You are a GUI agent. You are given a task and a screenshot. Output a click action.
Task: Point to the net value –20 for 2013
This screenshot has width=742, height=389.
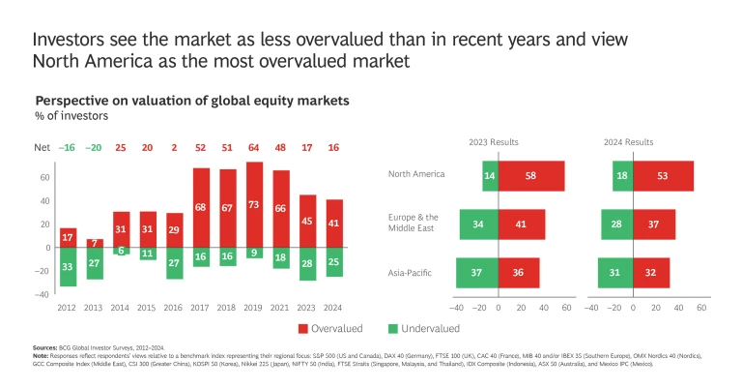(x=94, y=148)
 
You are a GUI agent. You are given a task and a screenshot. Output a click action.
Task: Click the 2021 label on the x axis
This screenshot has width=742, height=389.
(x=281, y=306)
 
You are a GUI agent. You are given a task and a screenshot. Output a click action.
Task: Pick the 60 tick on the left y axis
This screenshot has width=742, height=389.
(x=44, y=178)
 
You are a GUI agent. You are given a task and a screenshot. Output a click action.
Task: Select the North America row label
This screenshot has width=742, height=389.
(x=415, y=174)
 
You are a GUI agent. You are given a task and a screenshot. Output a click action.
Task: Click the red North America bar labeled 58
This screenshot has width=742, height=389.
(x=531, y=176)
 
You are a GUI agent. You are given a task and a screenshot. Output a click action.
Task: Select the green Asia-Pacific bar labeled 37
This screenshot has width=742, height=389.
(x=477, y=273)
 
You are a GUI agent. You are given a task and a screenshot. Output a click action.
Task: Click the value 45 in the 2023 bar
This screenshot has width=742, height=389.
(x=308, y=221)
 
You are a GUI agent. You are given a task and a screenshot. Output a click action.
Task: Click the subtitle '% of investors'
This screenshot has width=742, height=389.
(x=71, y=116)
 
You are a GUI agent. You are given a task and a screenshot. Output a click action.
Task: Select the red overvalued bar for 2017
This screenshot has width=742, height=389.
(x=201, y=207)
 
